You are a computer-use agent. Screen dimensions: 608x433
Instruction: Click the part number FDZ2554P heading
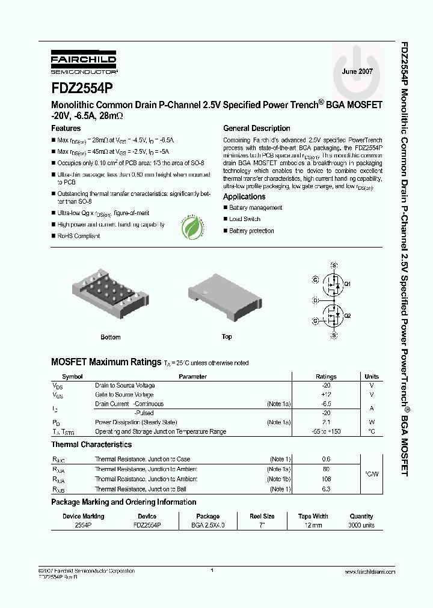coord(81,88)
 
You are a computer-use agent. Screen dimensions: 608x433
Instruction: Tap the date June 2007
coord(357,71)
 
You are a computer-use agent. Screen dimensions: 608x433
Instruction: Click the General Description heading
coord(256,129)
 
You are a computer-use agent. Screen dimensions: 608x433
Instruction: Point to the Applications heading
coord(244,197)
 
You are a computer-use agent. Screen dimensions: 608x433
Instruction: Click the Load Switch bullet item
coord(244,219)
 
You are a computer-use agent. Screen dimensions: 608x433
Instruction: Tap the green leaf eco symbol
coord(192,228)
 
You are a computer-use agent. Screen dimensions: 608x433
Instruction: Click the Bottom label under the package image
coord(111,337)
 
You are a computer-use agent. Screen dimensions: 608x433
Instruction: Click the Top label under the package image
coord(227,336)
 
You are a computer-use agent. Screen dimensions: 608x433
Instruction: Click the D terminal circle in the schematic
coord(315,300)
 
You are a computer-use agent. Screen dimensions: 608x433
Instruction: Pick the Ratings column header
coord(326,377)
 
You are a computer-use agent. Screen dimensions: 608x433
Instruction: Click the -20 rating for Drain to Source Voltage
coord(326,386)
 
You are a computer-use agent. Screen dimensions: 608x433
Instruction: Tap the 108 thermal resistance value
coord(326,479)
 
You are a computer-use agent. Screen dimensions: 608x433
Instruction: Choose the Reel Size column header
coord(262,516)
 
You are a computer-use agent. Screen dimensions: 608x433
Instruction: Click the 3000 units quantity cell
coord(361,525)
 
